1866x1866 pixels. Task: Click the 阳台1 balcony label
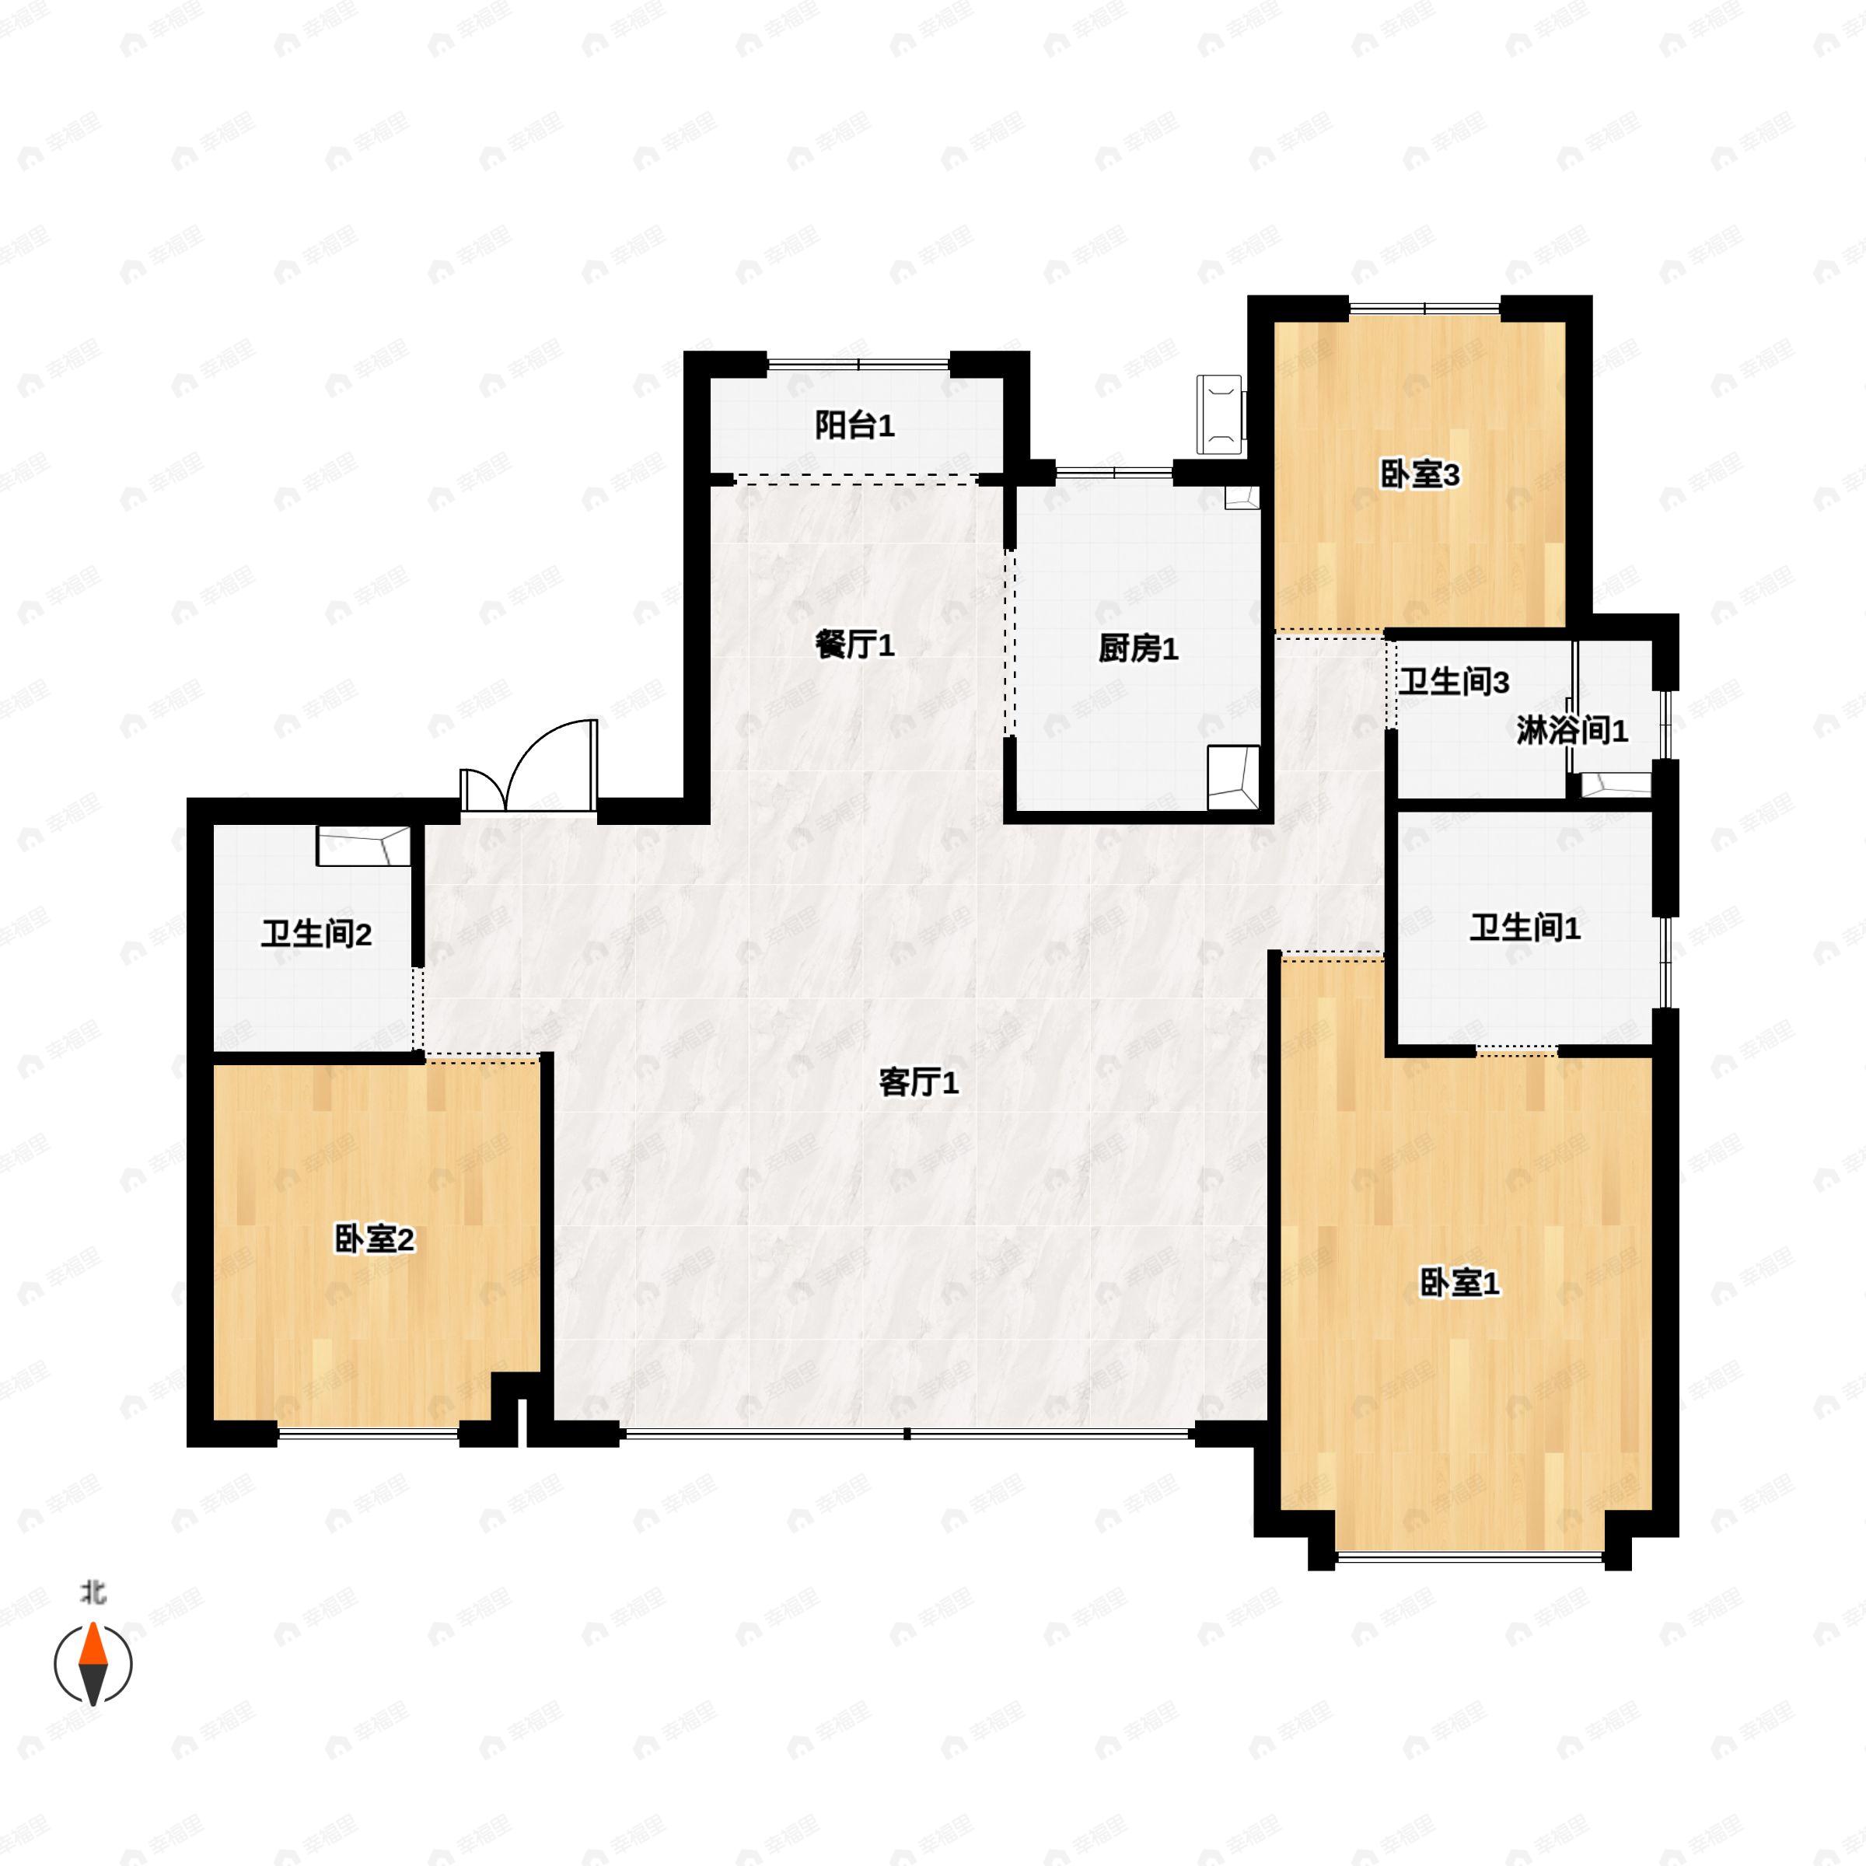(854, 425)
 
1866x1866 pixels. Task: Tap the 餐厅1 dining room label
(854, 645)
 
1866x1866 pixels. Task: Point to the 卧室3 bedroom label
(1419, 474)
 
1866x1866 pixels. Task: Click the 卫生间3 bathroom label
(1455, 683)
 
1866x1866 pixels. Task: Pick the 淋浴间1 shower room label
(1572, 731)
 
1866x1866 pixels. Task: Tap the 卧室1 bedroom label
(1459, 1284)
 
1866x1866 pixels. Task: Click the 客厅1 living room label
(918, 1084)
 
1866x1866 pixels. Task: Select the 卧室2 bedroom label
(375, 1239)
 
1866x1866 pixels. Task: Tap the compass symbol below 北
(93, 1664)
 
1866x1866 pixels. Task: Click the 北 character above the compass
(93, 1592)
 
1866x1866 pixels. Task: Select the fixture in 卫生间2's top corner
(364, 846)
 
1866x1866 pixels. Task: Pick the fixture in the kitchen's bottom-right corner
(1233, 778)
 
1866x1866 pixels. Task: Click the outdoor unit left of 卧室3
(1221, 414)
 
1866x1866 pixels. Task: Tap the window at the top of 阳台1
(858, 363)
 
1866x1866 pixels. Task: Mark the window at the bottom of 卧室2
(368, 1435)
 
